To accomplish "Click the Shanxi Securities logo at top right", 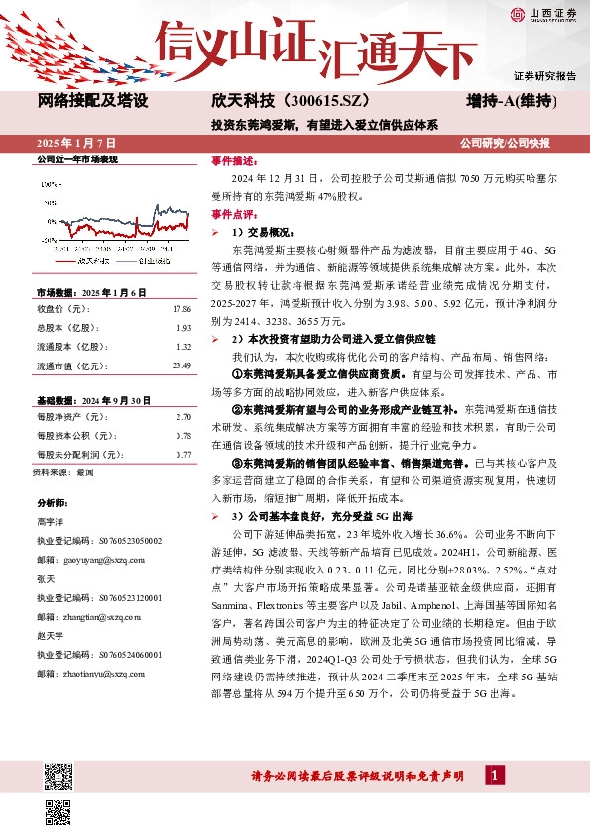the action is pos(543,13).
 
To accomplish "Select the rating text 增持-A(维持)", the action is pos(511,101).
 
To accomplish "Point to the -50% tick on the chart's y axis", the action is pos(47,240).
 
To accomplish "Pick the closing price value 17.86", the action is pos(182,309).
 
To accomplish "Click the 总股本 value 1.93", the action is pos(182,328).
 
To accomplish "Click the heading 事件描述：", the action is pos(234,160).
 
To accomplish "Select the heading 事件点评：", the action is pos(234,213).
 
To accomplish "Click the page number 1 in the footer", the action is pos(494,775).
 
